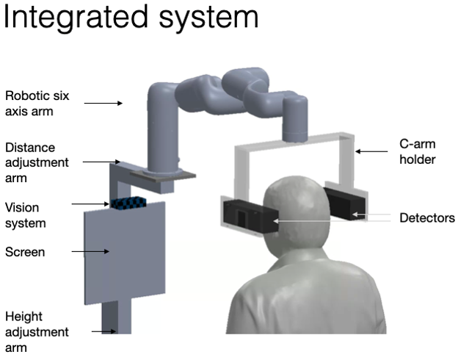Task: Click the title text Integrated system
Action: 131,18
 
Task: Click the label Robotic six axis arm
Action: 37,104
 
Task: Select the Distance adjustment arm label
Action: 37,162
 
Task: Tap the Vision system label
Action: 26,215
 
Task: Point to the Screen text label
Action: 25,252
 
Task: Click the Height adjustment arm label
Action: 37,332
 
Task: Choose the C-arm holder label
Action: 417,151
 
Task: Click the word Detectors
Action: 427,217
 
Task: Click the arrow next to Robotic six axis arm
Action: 103,104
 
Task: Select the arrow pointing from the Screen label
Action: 90,251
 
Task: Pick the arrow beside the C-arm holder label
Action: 371,151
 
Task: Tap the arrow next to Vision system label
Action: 90,204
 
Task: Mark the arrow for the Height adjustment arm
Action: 103,331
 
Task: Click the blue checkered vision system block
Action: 128,203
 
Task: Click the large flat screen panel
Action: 125,253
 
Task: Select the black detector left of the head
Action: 251,216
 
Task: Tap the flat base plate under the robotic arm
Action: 163,175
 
